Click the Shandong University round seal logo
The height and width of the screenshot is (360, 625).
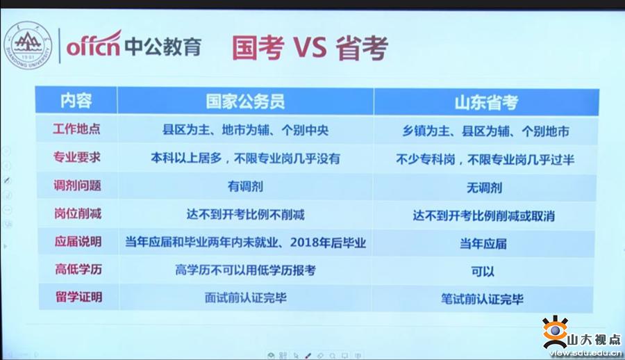coord(28,45)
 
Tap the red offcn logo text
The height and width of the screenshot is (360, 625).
coord(94,44)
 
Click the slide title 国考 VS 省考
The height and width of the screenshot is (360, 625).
coord(310,48)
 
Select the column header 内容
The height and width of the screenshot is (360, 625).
coord(76,101)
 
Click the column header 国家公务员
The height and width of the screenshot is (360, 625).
coord(245,101)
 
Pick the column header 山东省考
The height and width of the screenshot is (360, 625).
coord(486,103)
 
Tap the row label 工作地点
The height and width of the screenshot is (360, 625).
coord(76,129)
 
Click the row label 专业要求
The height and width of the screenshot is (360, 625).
coord(77,157)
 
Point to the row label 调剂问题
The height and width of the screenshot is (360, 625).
coord(77,186)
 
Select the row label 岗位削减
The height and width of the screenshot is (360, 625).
coord(78,213)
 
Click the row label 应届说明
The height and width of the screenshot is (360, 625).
coord(78,241)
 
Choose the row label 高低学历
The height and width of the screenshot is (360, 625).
coord(78,270)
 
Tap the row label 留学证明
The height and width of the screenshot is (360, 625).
coord(79,297)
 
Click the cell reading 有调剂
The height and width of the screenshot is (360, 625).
coord(245,186)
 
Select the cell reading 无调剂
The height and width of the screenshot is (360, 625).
coord(484,188)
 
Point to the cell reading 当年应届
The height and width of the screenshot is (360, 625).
coord(483,243)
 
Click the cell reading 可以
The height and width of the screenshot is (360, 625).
coord(483,272)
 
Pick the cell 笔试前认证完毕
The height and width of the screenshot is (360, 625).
coord(482,299)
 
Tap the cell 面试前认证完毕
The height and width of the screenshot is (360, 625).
coord(246,297)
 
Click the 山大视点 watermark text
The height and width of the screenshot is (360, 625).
coord(594,340)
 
